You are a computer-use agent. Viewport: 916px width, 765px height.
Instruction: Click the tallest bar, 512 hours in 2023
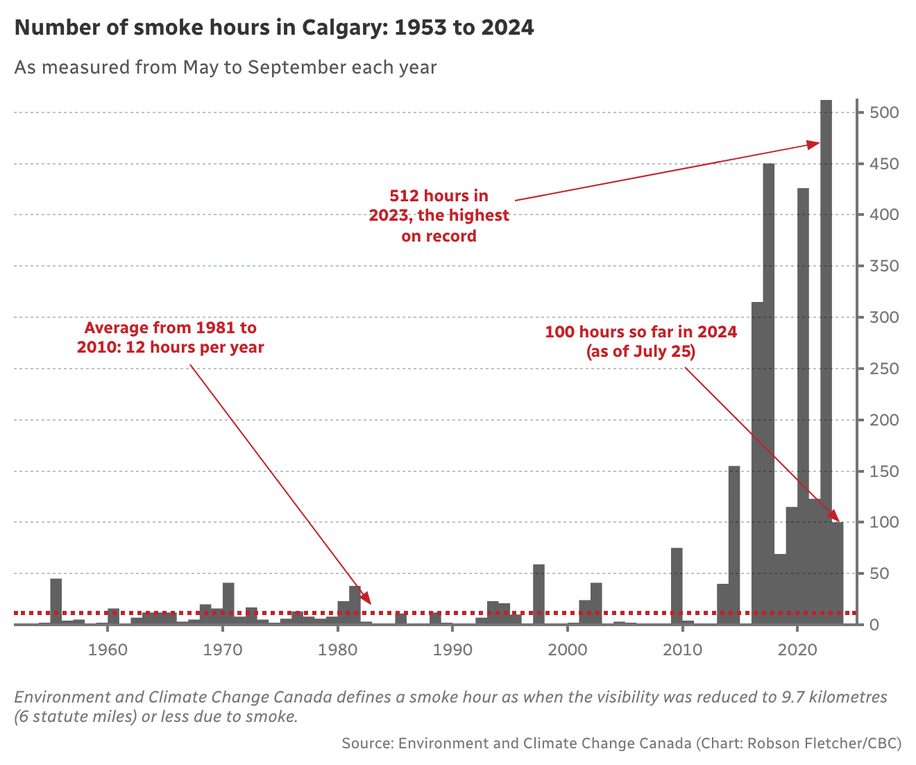tap(826, 361)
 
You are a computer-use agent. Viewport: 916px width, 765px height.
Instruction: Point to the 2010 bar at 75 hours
tap(677, 587)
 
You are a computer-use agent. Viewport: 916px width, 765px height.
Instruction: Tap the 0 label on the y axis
tap(874, 625)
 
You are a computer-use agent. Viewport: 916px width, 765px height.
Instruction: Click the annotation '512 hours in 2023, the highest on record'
tap(439, 216)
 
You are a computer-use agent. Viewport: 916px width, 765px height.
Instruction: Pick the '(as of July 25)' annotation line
tap(641, 351)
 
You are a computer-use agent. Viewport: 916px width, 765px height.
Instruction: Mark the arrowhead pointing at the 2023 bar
tap(814, 144)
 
